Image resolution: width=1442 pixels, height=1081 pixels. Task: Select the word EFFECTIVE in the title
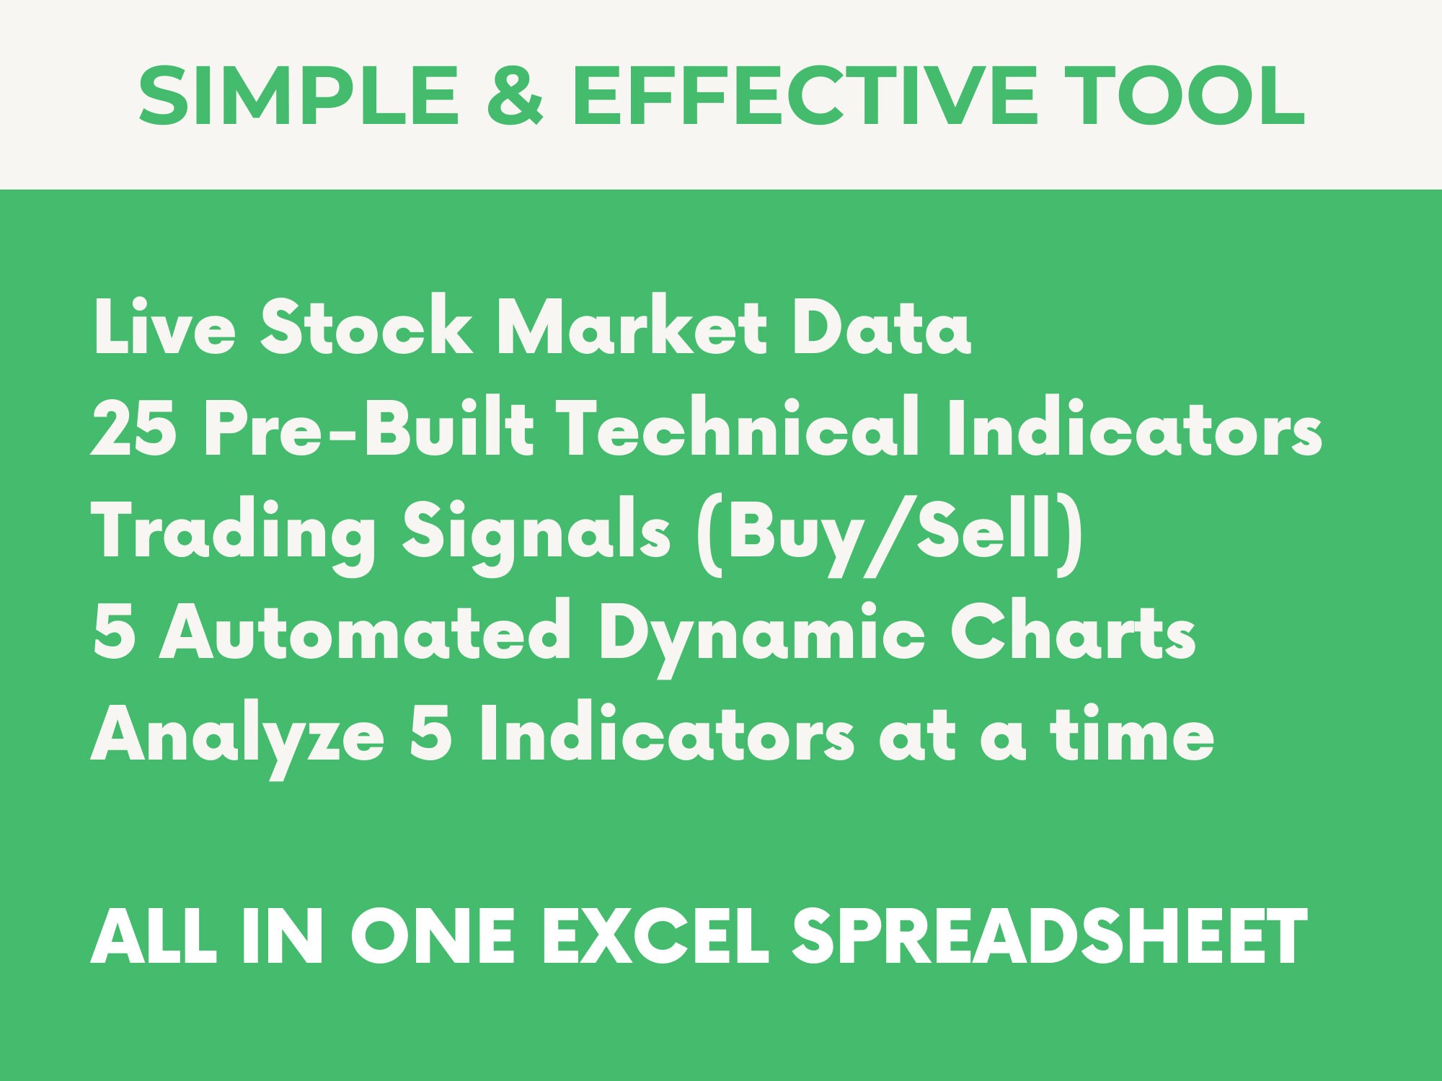[x=805, y=96]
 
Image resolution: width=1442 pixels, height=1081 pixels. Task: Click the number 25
[x=134, y=430]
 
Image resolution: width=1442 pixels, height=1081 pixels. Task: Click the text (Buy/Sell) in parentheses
[x=890, y=534]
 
